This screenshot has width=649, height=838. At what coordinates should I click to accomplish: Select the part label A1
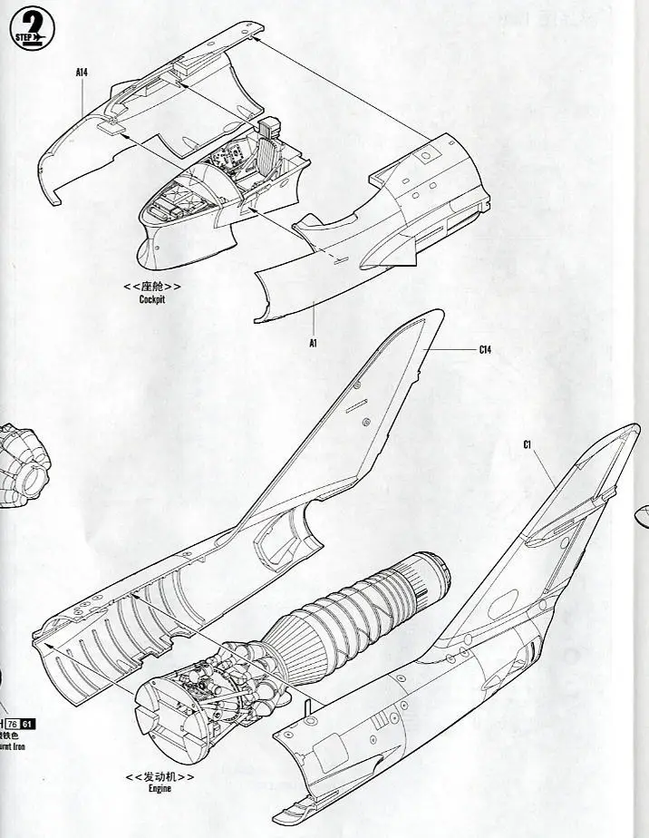[x=313, y=344]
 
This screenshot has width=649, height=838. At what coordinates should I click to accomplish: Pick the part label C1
[x=527, y=443]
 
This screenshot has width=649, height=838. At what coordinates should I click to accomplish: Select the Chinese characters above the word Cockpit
[x=152, y=286]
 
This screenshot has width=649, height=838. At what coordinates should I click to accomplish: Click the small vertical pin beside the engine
[x=308, y=705]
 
